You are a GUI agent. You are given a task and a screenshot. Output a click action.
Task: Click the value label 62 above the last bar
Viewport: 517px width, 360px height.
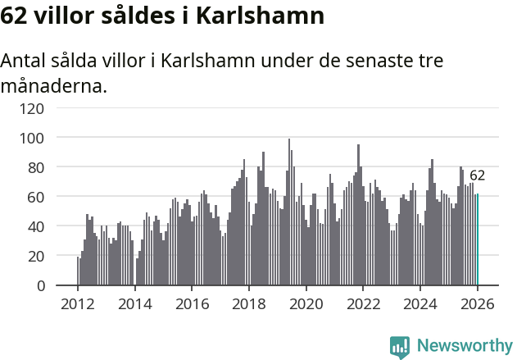477,175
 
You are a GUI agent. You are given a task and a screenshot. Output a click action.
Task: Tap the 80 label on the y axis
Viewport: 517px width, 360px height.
35,167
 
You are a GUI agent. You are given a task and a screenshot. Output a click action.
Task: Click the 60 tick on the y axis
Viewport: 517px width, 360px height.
35,197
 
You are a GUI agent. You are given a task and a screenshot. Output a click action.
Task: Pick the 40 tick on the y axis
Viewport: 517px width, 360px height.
35,226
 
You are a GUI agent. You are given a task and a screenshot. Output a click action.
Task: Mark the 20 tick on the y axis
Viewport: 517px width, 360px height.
35,256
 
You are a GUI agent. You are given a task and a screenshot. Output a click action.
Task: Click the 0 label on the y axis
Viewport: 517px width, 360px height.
39,285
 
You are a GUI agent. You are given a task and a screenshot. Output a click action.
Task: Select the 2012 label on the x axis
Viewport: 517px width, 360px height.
78,303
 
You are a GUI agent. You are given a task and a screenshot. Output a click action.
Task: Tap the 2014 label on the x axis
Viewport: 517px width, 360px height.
135,303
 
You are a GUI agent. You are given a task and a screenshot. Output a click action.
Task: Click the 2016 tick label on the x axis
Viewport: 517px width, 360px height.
192,303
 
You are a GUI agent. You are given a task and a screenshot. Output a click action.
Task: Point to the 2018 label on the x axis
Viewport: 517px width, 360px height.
249,303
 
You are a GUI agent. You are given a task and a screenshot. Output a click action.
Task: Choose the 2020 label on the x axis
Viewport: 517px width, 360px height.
306,303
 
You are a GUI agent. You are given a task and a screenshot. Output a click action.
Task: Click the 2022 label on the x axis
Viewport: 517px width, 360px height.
363,303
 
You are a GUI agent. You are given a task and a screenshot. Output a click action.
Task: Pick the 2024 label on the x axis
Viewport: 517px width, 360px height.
419,303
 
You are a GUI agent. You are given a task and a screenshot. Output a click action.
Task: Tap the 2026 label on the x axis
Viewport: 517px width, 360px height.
477,303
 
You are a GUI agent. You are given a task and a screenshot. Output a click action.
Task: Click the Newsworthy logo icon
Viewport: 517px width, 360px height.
400,346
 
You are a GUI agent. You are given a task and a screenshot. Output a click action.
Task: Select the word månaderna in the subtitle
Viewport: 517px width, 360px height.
54,84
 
